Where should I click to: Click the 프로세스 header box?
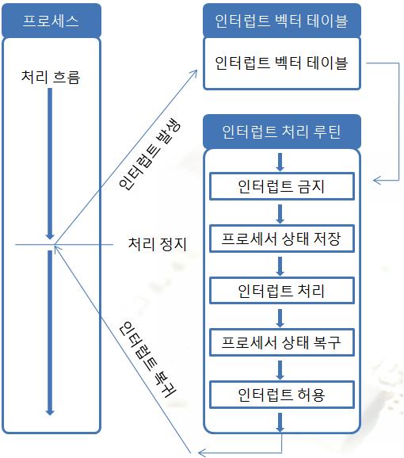pos(51,21)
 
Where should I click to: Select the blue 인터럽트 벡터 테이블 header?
pos(282,21)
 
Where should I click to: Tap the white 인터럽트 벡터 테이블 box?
pos(282,63)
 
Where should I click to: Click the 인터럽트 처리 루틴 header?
pos(282,132)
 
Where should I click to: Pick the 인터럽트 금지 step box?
pos(282,186)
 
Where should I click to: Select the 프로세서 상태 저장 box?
pos(282,239)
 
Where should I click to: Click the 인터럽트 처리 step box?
pos(282,290)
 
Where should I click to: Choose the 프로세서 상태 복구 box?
pos(282,342)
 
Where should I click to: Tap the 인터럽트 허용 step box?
pos(282,395)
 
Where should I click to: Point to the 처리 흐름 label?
pos(51,77)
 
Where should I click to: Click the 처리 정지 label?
pos(157,244)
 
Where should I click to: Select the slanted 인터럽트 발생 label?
pos(150,154)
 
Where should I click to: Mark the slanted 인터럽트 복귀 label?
pos(148,359)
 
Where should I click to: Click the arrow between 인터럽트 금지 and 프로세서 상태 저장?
pos(280,214)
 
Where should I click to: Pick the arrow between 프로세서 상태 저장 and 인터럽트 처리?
pos(280,266)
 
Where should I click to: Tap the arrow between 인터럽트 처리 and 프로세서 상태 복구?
pos(280,318)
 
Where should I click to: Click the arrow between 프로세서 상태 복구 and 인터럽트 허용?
pos(280,370)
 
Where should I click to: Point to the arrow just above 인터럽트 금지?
pos(280,162)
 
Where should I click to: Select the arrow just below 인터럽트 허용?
pos(280,422)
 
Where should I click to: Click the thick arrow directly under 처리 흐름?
pos(50,164)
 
